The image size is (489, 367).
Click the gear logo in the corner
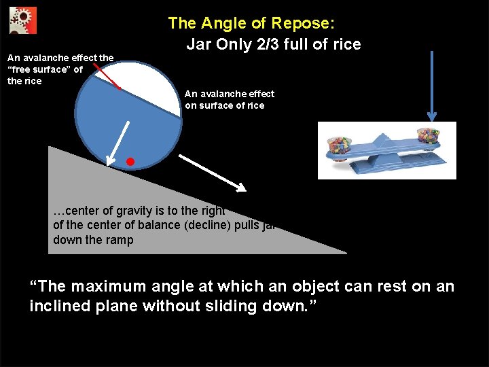23,20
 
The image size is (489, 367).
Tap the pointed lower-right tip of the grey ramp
344,252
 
